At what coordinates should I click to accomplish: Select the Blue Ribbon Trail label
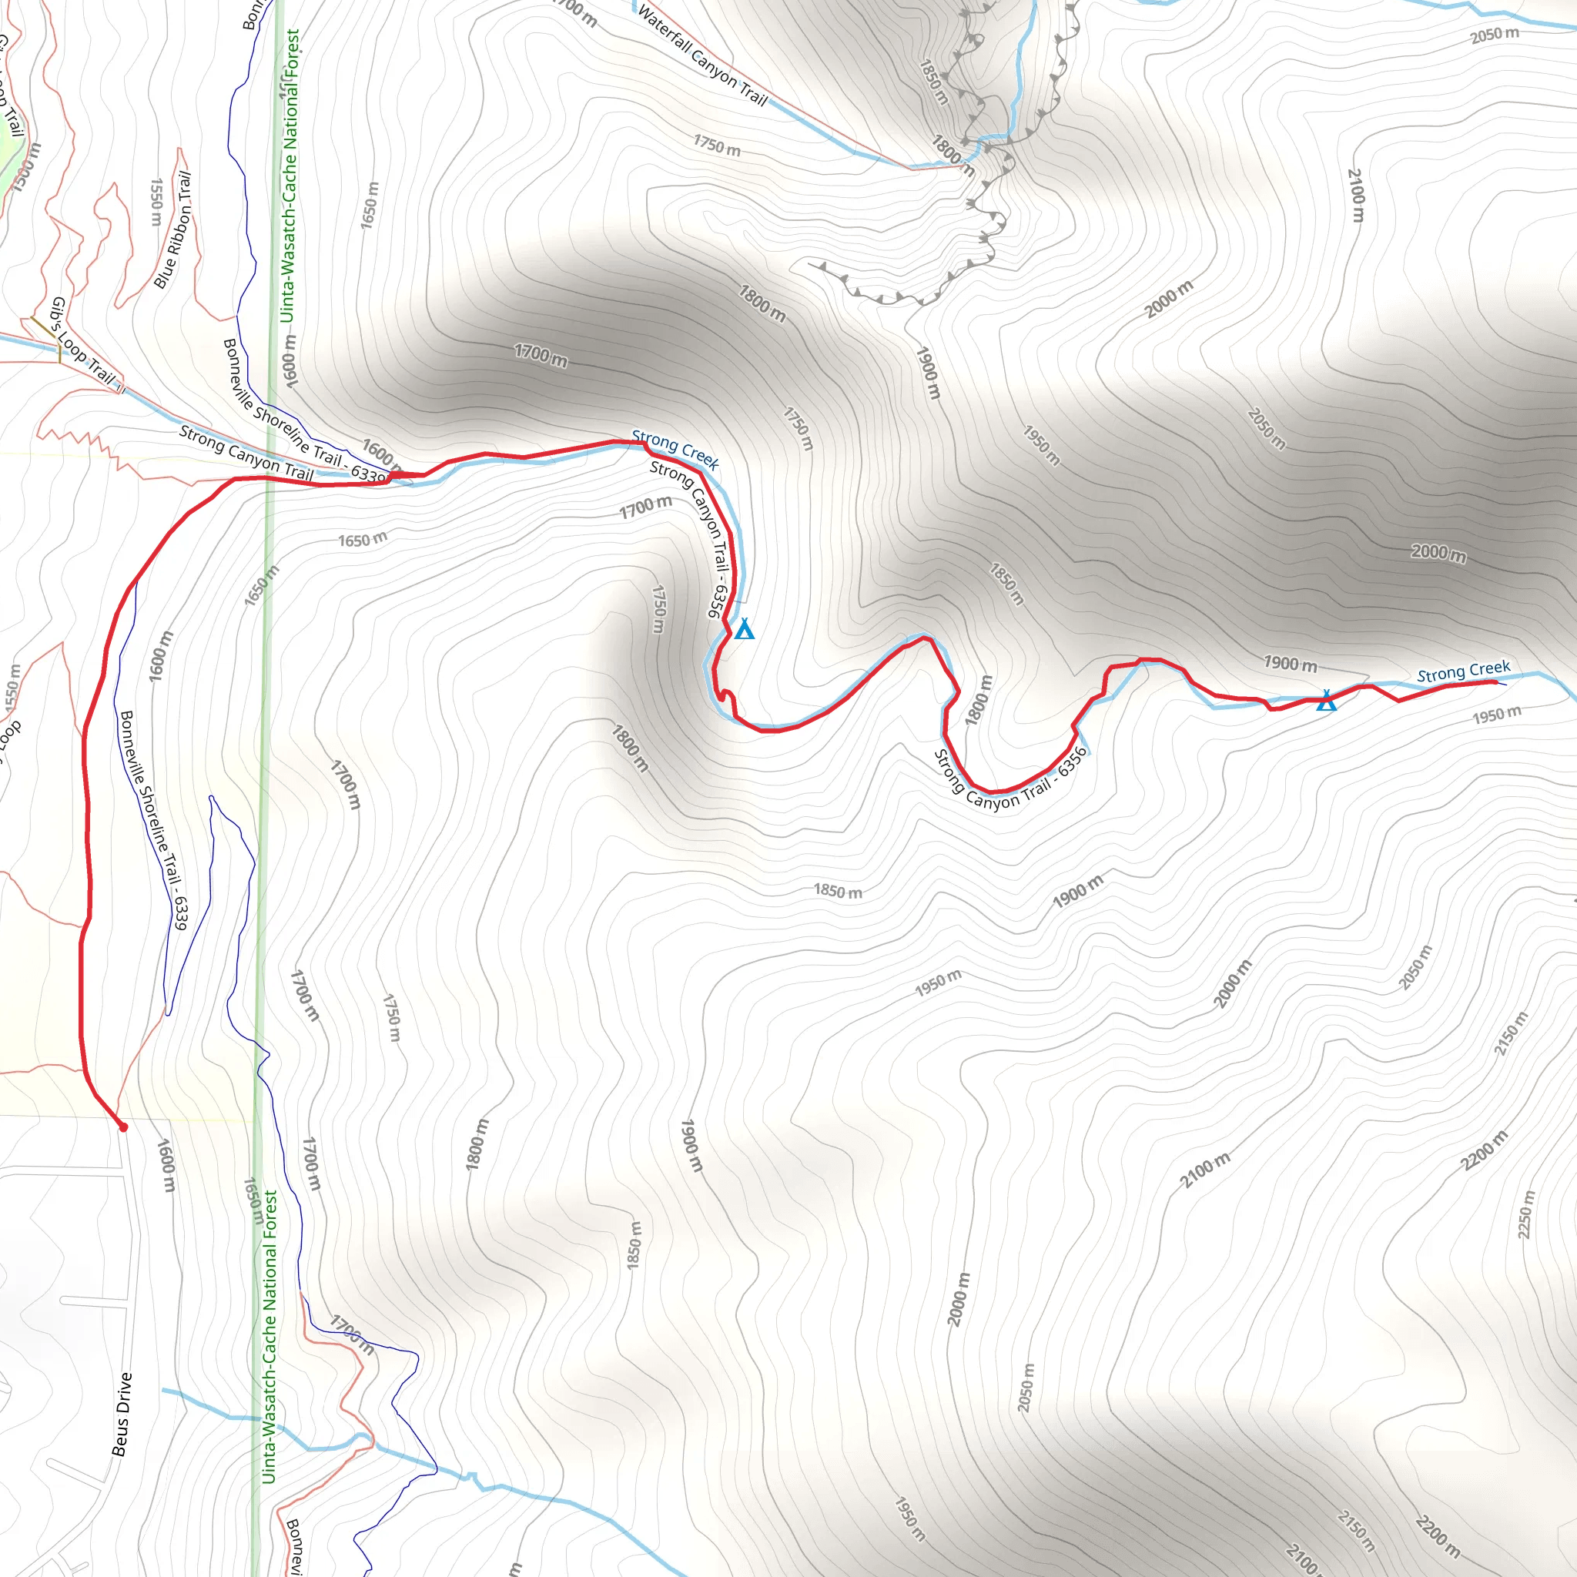pos(173,229)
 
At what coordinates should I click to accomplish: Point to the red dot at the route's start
pos(123,1127)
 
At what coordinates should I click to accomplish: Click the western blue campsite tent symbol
pos(744,629)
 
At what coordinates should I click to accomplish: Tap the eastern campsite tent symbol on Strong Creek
pos(1327,701)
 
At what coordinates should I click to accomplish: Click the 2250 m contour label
pos(1525,1214)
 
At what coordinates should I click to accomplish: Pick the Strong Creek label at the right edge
pos(1464,671)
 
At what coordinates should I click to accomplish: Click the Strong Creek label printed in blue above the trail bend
pos(675,450)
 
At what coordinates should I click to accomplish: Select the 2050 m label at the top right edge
pos(1495,35)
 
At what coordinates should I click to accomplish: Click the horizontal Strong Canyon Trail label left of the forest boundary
pos(246,452)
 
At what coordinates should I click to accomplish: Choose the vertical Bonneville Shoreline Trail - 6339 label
pos(154,819)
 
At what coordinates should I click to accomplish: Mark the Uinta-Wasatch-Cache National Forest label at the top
pos(289,176)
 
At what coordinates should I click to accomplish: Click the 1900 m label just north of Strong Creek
pos(1291,664)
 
